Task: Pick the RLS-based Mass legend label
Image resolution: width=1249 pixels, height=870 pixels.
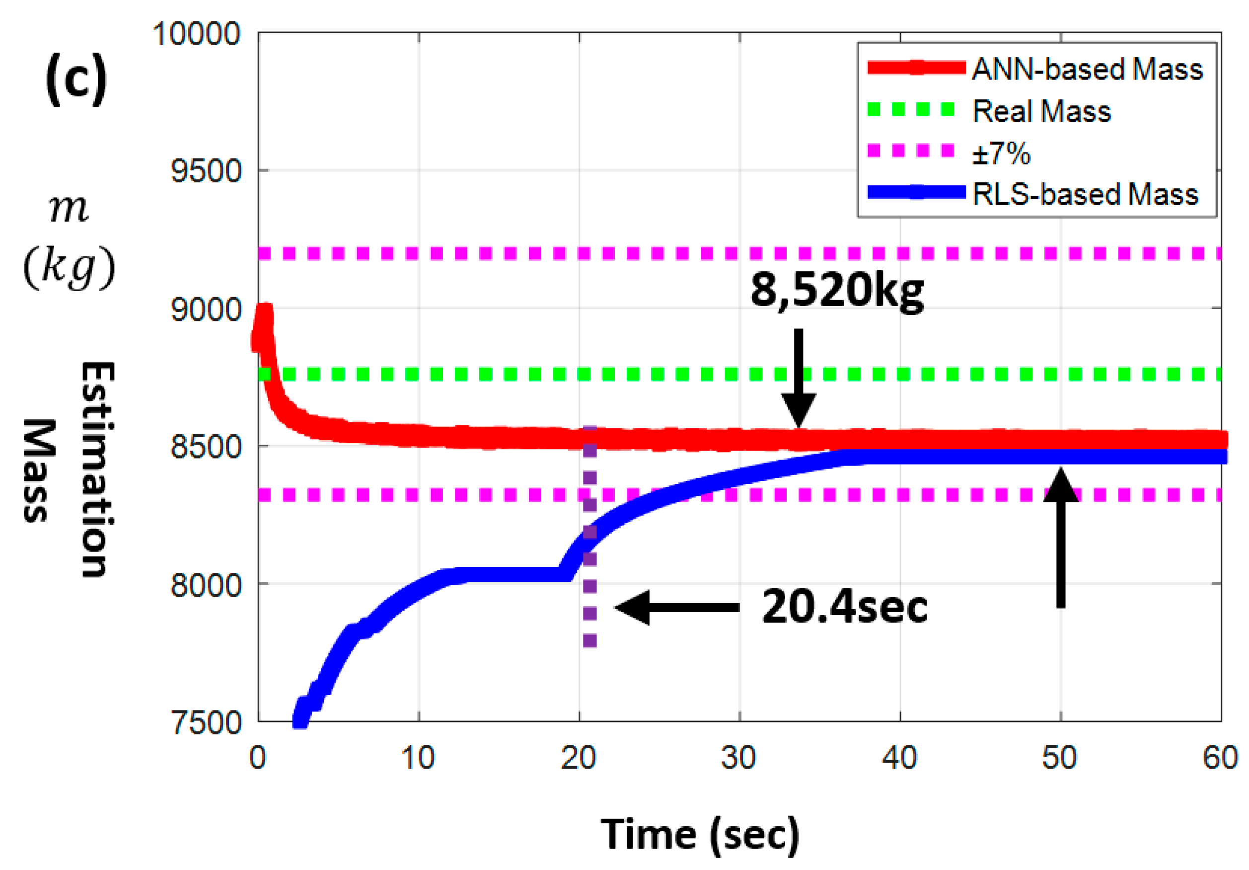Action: coord(1085,194)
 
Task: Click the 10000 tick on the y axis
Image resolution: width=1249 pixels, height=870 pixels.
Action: coord(196,34)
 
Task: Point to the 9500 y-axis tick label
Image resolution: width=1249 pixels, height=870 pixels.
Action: coord(206,171)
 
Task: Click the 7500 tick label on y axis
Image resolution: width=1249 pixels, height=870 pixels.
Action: coord(206,723)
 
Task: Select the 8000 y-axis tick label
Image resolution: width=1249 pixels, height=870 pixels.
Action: coord(206,586)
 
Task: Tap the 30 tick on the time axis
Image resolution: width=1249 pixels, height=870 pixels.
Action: coord(739,758)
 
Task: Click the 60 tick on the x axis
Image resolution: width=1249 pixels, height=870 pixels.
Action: coord(1220,758)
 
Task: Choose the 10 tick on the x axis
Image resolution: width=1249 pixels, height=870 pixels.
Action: coord(418,758)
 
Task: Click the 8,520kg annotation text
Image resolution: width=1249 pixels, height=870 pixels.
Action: coord(837,291)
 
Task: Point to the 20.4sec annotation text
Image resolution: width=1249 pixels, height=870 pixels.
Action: coord(844,608)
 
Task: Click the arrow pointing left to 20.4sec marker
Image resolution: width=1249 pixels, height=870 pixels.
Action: coord(677,608)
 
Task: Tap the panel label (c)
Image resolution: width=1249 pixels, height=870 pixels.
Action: coord(76,79)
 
